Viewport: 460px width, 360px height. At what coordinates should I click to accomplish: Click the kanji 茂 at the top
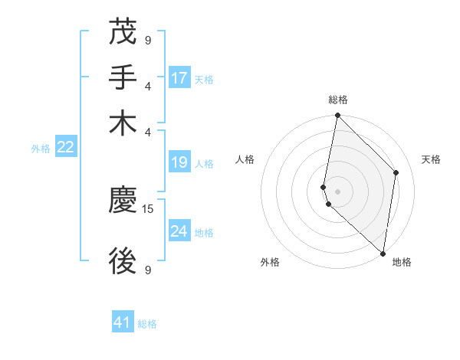point(123,33)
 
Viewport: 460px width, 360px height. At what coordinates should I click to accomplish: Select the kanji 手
point(123,77)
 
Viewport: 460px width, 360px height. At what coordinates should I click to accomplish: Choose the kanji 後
point(123,261)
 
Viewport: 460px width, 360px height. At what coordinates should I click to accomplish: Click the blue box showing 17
point(179,78)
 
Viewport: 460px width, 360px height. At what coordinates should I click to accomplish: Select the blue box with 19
point(179,162)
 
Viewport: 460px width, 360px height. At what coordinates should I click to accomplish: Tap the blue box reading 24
point(179,231)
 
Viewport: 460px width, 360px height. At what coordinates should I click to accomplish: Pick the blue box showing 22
point(66,148)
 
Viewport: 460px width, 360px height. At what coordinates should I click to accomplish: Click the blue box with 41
point(123,322)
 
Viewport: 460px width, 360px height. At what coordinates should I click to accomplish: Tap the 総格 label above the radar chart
point(338,100)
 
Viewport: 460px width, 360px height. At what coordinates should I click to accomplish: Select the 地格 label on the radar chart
point(402,262)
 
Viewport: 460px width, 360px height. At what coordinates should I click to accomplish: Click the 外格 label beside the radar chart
point(270,262)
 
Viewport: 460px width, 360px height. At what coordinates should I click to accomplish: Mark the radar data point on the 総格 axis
point(337,116)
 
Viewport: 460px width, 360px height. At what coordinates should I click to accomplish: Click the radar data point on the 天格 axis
point(396,172)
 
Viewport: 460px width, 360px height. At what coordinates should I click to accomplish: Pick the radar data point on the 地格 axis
point(383,254)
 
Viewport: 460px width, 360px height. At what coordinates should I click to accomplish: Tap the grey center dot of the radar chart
point(337,191)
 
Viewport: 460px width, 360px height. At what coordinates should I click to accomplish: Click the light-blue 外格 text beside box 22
point(41,149)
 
